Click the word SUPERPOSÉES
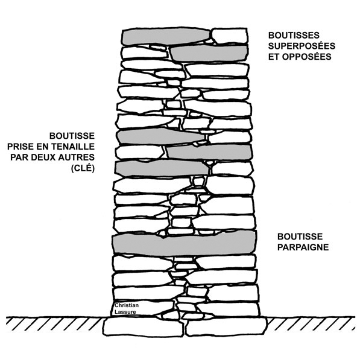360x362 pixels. (x=302, y=46)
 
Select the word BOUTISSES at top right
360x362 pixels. (x=294, y=36)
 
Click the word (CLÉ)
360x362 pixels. (x=83, y=168)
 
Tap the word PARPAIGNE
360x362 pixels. (x=303, y=247)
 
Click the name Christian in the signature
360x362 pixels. (x=127, y=305)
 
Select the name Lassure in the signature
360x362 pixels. (x=125, y=312)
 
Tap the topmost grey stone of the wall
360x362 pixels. (x=166, y=36)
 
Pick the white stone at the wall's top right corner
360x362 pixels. (x=230, y=36)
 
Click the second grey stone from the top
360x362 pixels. (x=209, y=54)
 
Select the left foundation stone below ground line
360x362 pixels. (x=143, y=327)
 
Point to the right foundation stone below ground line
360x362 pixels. (x=226, y=326)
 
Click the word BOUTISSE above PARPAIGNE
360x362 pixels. (x=300, y=237)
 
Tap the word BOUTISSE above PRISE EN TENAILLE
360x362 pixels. (x=72, y=136)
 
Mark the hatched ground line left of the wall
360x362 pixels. (x=54, y=321)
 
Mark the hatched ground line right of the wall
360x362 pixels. (x=311, y=322)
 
